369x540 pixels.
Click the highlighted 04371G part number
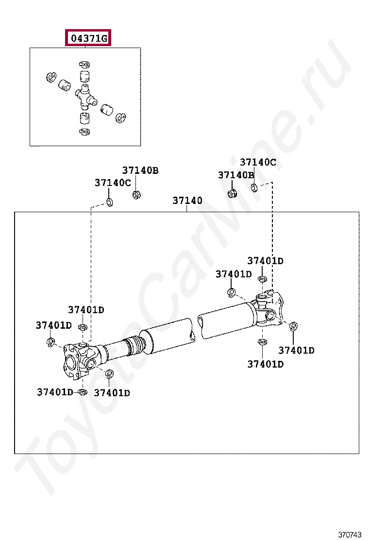tap(88, 38)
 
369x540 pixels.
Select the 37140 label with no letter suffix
tap(187, 201)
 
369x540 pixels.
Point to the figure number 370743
tap(350, 534)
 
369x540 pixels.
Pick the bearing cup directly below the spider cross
tap(84, 118)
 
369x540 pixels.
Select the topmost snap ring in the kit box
tap(84, 64)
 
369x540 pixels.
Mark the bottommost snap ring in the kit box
tap(84, 132)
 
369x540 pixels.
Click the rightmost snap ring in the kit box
tap(120, 118)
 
